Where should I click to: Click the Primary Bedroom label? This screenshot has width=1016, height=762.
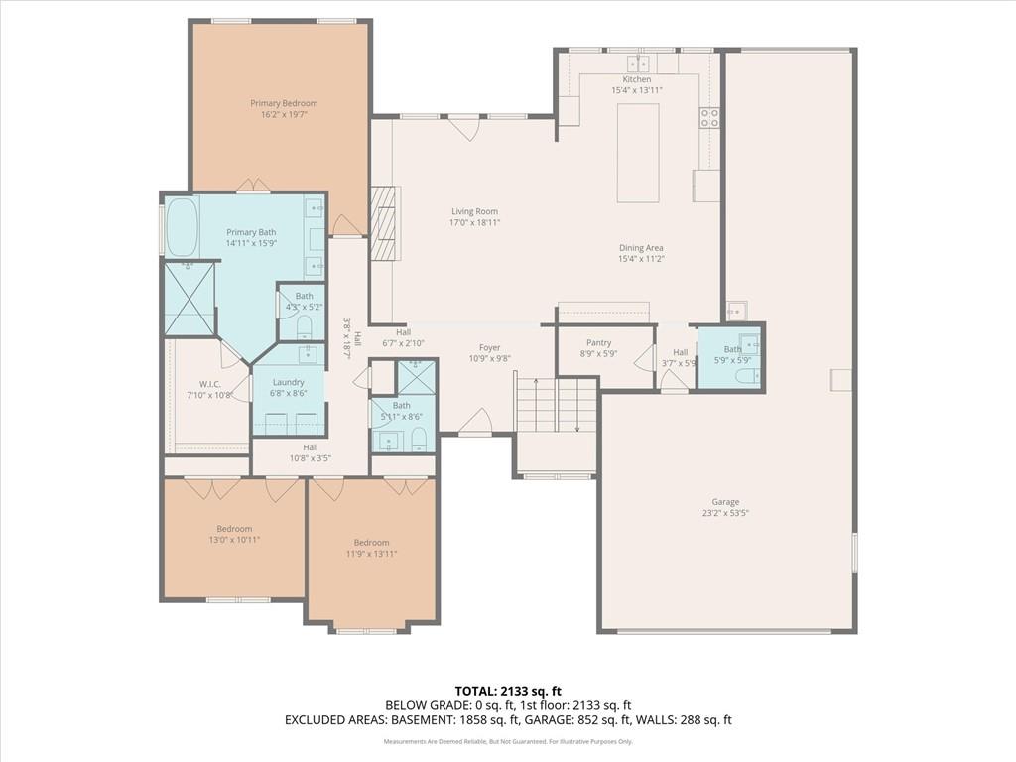point(284,103)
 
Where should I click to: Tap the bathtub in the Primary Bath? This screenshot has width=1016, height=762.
point(182,226)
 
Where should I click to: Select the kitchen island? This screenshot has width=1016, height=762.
point(638,153)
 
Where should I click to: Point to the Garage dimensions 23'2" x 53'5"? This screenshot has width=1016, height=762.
point(724,514)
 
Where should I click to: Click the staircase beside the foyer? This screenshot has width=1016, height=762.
point(556,404)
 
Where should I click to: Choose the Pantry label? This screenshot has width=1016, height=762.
point(598,342)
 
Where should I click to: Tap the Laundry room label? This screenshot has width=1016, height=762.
point(288,382)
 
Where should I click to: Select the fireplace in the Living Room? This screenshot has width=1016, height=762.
point(383,223)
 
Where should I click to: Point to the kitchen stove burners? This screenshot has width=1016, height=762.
point(709,118)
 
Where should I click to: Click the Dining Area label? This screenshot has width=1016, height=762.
point(641,248)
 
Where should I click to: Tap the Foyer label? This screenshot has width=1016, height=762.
point(489,348)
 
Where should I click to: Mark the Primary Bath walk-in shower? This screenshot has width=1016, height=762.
point(189,298)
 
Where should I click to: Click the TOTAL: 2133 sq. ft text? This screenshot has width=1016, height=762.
point(507,691)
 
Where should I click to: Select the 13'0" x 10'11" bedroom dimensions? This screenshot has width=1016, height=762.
point(234,540)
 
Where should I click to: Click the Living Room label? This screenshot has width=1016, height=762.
point(474,211)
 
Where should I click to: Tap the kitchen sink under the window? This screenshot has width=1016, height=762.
point(637,63)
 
